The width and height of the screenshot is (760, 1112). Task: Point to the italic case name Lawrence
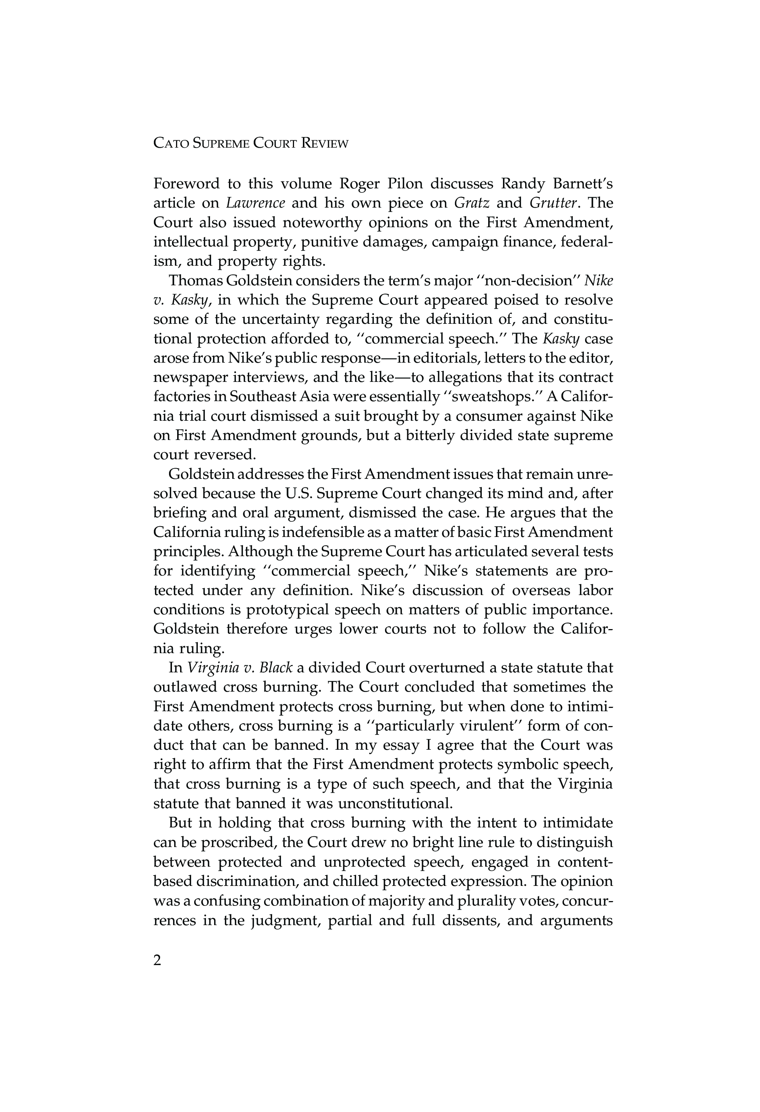click(256, 204)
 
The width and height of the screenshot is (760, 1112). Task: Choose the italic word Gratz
click(471, 204)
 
